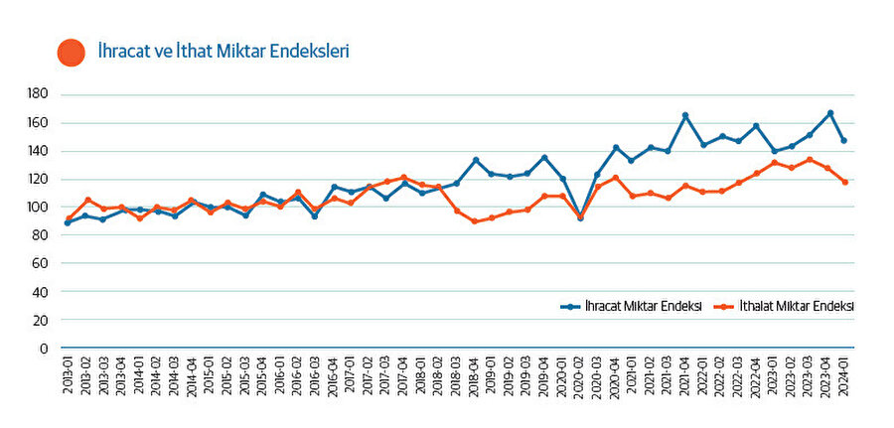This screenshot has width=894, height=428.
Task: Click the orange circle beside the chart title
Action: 72,52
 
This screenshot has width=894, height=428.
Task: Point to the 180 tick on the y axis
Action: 39,94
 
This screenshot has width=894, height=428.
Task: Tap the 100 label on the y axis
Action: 39,208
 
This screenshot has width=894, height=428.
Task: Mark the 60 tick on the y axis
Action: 42,264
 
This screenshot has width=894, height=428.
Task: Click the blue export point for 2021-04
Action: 685,115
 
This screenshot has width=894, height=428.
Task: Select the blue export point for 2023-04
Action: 830,113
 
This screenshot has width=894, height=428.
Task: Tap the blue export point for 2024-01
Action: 843,140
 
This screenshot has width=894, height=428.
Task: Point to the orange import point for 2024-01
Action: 843,182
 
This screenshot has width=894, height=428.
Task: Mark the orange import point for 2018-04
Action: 475,221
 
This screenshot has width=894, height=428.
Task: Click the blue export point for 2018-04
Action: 475,160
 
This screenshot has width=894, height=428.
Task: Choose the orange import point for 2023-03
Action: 811,159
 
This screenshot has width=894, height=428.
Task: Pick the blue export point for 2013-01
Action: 67,222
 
